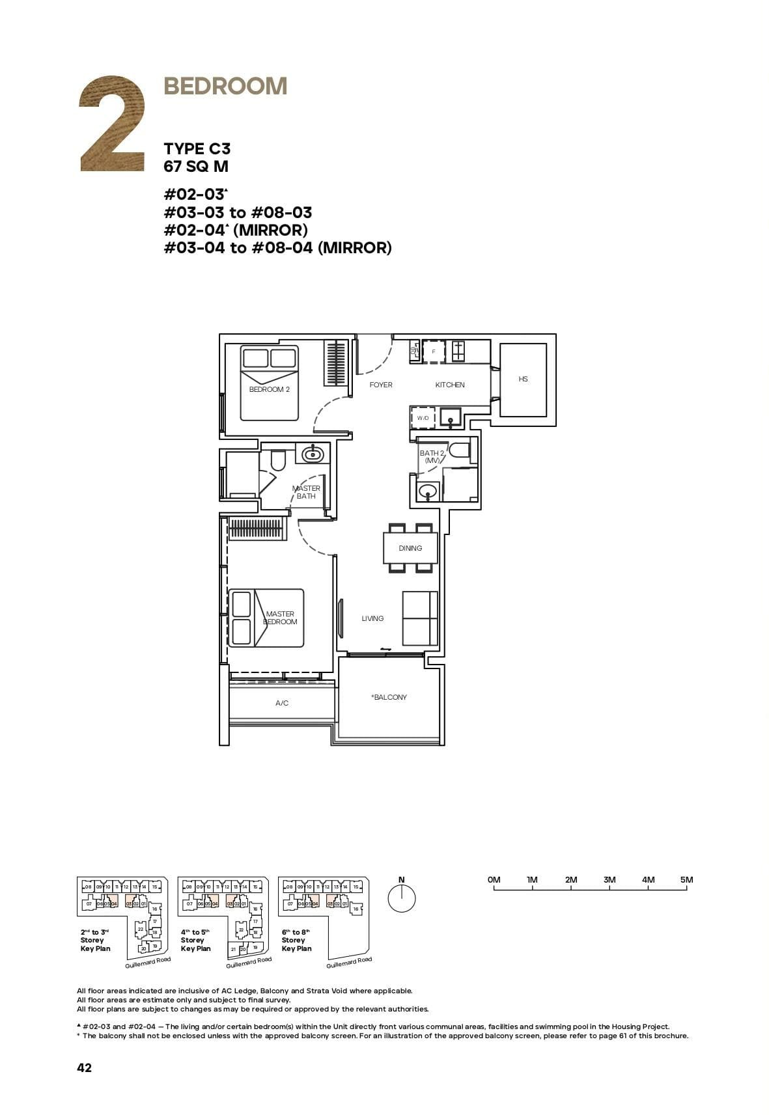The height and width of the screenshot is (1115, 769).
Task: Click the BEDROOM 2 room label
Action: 269,389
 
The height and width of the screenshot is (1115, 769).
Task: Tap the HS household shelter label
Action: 523,379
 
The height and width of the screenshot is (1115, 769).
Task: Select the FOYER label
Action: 381,385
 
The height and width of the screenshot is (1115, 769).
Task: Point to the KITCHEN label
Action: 450,385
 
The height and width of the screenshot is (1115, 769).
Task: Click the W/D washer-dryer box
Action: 423,417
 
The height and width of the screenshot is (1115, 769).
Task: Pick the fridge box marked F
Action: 434,351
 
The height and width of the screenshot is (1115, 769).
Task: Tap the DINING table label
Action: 410,548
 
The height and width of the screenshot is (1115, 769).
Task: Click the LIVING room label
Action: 372,618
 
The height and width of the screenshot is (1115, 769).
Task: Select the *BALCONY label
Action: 389,697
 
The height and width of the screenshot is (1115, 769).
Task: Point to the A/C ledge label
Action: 282,703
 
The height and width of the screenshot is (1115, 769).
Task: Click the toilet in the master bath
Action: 278,460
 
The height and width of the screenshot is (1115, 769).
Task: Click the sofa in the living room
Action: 420,618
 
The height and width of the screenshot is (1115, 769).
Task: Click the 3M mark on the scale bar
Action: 609,880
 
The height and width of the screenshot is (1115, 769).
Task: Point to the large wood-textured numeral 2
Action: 112,124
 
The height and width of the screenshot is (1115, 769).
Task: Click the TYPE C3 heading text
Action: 197,149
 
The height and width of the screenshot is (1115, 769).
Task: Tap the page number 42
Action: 85,1067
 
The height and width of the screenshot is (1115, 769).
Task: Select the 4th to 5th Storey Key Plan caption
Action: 196,941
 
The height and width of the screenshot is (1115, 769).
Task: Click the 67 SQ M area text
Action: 196,167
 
